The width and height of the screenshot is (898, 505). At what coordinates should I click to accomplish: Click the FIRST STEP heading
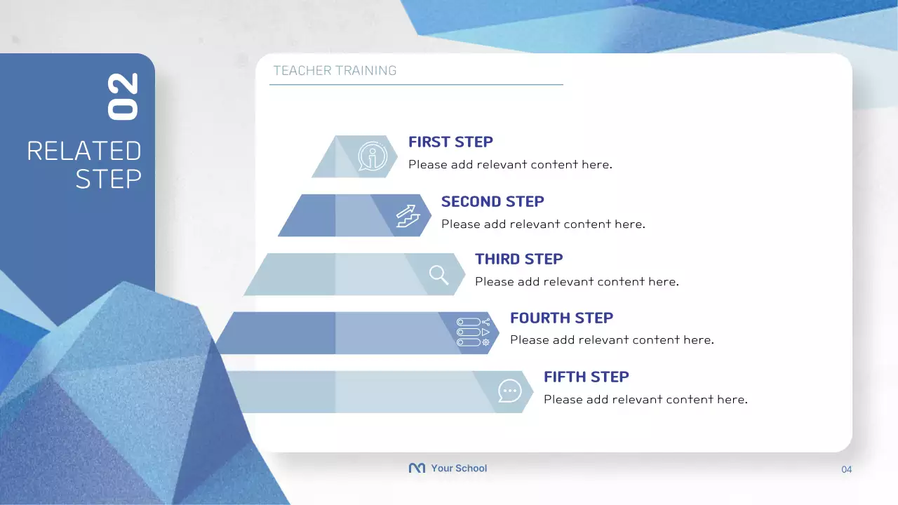450,142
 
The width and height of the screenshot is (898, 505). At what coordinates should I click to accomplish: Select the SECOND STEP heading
492,201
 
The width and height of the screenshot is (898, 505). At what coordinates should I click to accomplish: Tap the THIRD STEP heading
518,259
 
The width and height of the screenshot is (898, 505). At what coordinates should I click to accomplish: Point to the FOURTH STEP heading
561,318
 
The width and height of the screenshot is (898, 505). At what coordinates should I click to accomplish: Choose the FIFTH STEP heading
586,377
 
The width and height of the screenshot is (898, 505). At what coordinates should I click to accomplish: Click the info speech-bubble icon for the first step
372,156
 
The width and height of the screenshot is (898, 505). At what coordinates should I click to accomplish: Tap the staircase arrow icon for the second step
408,215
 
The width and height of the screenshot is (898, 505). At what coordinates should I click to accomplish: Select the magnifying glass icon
439,274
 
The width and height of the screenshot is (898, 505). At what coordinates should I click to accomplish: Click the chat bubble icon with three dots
509,391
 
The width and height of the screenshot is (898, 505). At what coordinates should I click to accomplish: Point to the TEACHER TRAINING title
335,71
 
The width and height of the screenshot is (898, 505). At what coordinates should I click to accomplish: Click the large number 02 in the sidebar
123,96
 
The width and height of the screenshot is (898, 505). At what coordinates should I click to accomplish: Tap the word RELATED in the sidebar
84,151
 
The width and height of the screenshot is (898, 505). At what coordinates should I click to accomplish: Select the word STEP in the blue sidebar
108,180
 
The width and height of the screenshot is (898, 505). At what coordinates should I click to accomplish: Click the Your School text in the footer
459,469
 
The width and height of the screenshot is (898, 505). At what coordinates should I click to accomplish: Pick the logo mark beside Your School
417,469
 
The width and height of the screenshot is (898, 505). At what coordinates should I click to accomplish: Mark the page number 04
846,469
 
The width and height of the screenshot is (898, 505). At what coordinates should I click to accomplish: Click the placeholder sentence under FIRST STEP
510,165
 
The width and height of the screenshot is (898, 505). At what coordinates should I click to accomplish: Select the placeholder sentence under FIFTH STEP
645,400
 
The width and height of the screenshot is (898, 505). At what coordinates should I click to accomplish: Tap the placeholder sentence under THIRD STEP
577,282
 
